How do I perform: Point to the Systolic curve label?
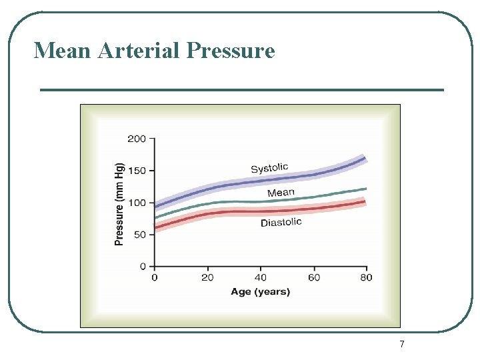coord(269,168)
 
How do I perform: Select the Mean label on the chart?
coord(281,193)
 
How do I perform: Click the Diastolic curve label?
coord(281,223)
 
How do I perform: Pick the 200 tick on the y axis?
coord(137,139)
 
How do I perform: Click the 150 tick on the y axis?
coord(137,171)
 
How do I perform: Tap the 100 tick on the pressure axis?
coord(137,203)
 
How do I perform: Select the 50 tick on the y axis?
coord(139,235)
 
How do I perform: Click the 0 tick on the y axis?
coord(143,267)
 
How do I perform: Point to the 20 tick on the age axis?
coord(208,277)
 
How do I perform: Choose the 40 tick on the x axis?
coord(261,277)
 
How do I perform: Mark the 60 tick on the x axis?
coord(314,277)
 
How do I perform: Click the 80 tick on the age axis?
coord(366,277)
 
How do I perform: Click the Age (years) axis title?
coord(261,291)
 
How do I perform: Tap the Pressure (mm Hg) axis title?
coord(120,204)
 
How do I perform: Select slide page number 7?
coord(401,345)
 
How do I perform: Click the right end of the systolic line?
coord(365,158)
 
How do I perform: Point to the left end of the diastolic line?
coord(156,228)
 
